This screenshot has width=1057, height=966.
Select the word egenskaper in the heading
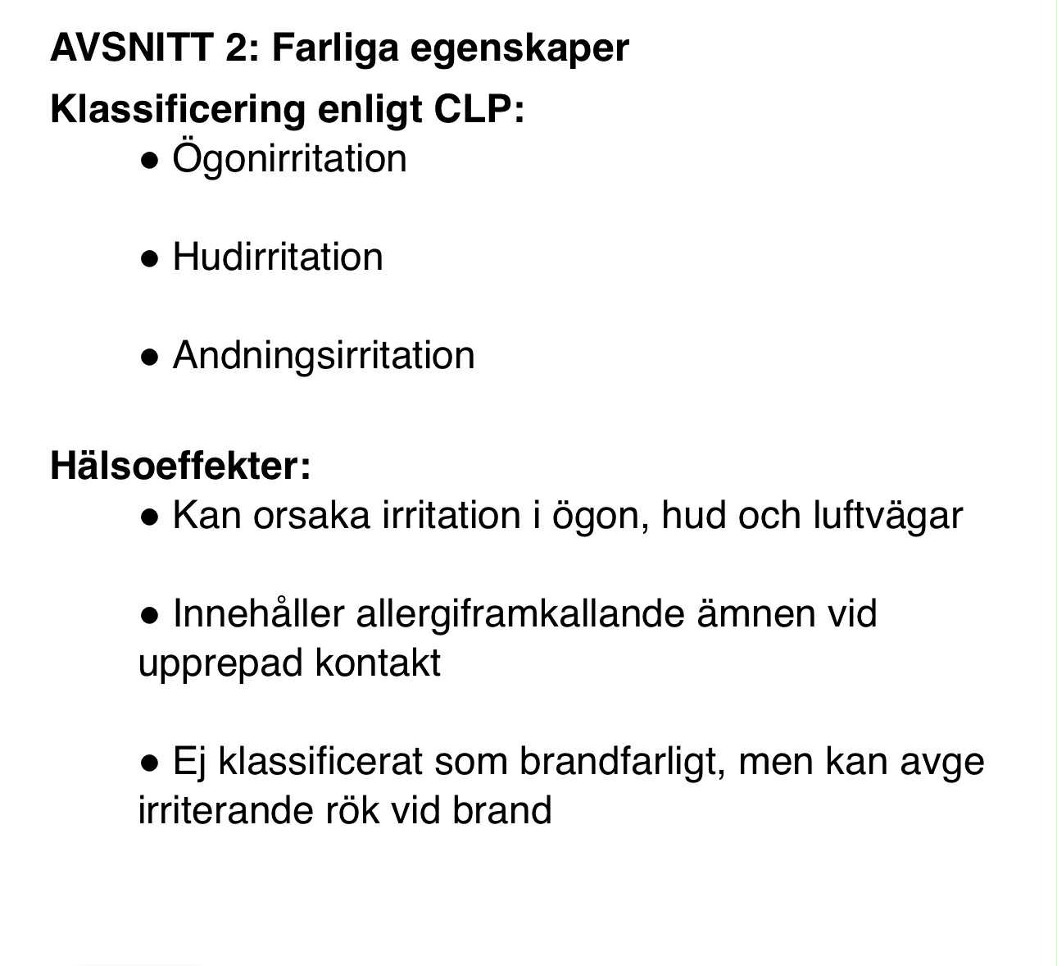(x=519, y=49)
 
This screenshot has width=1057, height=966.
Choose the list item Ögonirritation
(x=289, y=158)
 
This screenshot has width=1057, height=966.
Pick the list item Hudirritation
(x=278, y=257)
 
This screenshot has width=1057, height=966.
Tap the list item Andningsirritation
(x=324, y=356)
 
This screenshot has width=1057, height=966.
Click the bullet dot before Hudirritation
(x=149, y=259)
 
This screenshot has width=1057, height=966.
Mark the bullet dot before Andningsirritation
(x=149, y=358)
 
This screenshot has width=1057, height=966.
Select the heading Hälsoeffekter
(x=180, y=466)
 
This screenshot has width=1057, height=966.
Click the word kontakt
(x=378, y=663)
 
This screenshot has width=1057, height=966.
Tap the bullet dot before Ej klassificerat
(x=149, y=763)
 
